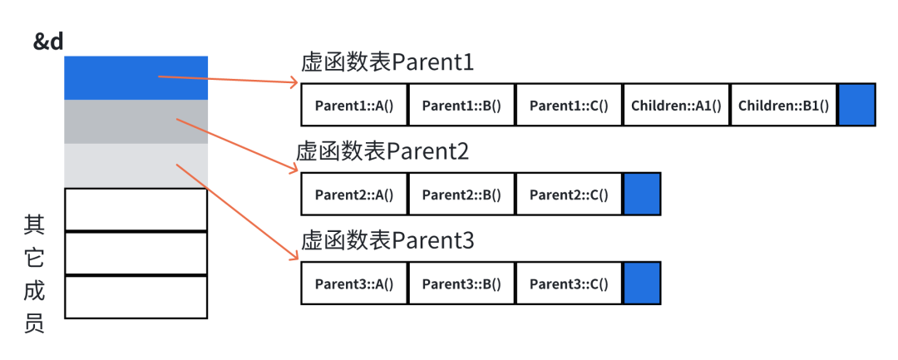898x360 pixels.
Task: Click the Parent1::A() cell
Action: click(354, 105)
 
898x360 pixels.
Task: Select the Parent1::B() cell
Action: click(461, 105)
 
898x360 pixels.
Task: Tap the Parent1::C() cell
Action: click(569, 105)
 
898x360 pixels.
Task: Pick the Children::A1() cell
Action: click(676, 105)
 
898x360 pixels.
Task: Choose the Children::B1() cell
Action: click(783, 105)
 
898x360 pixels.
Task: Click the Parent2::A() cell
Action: click(354, 194)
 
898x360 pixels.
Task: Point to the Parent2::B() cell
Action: click(461, 194)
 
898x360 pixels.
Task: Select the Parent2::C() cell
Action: click(569, 194)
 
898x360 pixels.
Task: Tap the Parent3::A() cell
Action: click(354, 284)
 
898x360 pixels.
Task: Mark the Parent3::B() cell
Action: click(461, 284)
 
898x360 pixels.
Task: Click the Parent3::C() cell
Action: click(569, 284)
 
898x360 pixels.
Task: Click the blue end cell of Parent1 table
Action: click(856, 105)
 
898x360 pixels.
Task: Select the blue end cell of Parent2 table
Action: click(642, 194)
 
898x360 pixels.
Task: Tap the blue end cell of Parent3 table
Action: click(642, 284)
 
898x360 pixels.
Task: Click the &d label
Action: click(48, 42)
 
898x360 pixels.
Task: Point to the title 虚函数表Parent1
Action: click(387, 63)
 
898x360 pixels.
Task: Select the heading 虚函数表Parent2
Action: click(382, 152)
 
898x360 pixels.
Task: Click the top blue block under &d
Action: click(136, 78)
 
